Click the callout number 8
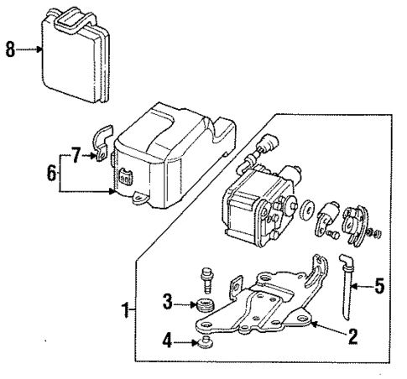pos(10,50)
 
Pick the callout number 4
pos(167,341)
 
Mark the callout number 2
pos(353,337)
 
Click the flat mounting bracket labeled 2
pos(260,310)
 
